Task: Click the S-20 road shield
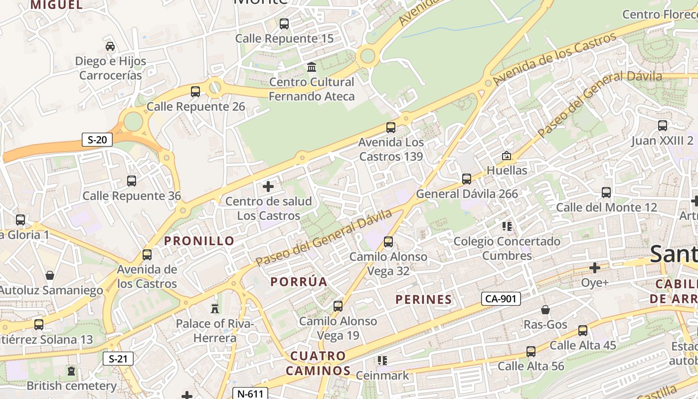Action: (97, 140)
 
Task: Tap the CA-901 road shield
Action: (501, 299)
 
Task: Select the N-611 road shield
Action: (250, 394)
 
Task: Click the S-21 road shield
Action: (118, 358)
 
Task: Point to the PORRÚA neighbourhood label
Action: (299, 282)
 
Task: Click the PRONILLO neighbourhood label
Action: (199, 241)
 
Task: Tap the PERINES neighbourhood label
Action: (424, 300)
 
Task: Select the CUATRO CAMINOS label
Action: (318, 363)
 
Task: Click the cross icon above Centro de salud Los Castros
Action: (268, 187)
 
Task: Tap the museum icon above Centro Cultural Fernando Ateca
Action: (312, 67)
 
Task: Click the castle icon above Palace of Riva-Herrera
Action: (215, 308)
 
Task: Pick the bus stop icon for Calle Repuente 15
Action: (284, 23)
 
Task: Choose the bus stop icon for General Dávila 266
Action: (467, 179)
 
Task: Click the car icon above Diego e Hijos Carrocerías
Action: (110, 46)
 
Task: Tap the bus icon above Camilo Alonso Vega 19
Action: (338, 306)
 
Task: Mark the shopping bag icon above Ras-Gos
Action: (545, 310)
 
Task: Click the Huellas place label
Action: (507, 171)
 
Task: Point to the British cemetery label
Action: (72, 386)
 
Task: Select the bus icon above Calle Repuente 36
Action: (132, 181)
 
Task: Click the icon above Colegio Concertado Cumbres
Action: (507, 226)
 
